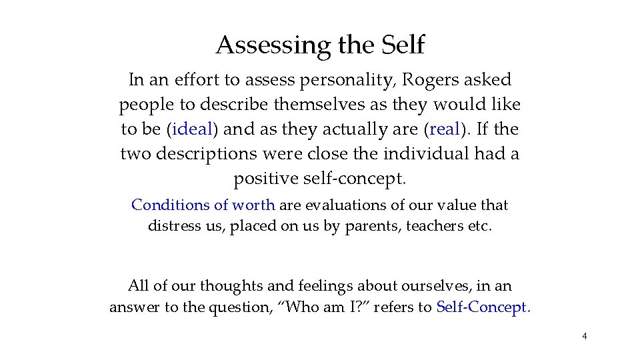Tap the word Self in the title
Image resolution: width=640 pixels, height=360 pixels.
coord(403,45)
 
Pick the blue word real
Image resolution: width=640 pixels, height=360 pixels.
coord(446,129)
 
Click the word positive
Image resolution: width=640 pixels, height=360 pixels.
coord(265,179)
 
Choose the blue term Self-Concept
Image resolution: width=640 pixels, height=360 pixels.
coord(482,307)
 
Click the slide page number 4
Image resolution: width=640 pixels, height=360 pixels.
coord(585,336)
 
